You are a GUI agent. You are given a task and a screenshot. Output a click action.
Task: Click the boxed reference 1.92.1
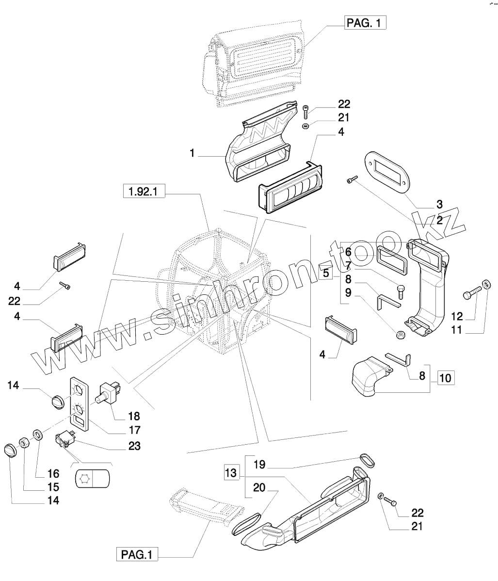click(144, 192)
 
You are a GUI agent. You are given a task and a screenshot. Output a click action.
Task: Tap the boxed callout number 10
click(446, 376)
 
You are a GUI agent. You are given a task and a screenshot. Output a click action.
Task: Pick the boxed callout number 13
click(232, 472)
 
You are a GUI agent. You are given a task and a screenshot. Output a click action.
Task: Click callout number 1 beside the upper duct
click(192, 153)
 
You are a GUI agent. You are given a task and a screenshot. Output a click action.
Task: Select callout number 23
click(133, 446)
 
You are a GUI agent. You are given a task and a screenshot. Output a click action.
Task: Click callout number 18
click(133, 416)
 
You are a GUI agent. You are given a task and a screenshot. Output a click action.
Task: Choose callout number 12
click(457, 317)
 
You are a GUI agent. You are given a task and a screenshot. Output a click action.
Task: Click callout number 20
click(259, 489)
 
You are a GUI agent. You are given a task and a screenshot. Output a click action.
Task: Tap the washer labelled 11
click(486, 284)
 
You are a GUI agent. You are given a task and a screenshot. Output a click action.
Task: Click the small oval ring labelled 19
click(368, 460)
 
